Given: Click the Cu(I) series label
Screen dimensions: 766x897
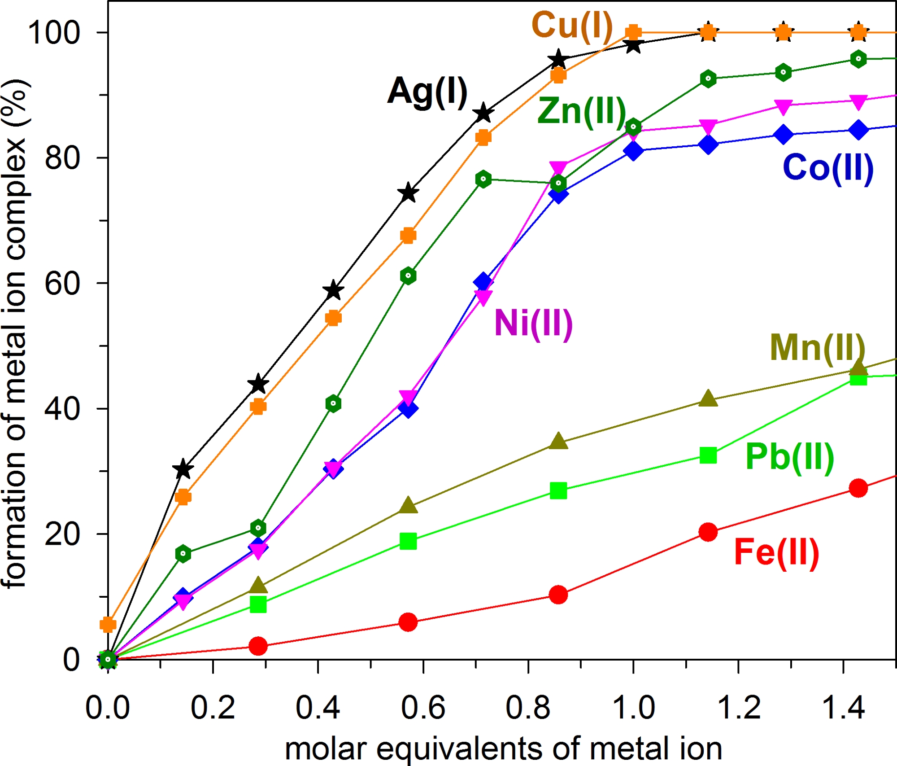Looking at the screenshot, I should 572,26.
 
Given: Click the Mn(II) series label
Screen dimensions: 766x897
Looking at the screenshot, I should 817,348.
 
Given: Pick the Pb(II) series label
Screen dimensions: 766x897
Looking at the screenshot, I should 789,457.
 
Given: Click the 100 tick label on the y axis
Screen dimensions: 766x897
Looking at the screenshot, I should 54,32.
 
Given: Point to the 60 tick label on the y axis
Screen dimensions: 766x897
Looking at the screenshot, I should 62,284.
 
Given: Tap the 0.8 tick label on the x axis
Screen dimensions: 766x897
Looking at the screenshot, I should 528,708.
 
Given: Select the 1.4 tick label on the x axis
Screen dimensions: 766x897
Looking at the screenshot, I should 843,708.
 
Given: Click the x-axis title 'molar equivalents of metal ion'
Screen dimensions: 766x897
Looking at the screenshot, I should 503,749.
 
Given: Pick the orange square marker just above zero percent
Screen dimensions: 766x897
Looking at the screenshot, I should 108,624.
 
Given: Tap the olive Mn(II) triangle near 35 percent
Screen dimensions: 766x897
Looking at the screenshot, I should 558,442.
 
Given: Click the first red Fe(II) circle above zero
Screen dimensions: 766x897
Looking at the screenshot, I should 258,646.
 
